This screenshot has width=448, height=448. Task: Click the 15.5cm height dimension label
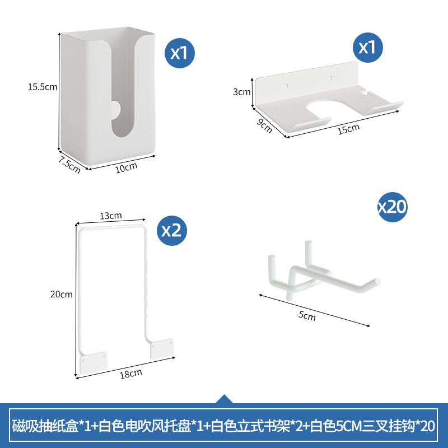[43, 87]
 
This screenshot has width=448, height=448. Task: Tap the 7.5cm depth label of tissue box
[71, 165]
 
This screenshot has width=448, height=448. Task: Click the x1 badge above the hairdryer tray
[367, 47]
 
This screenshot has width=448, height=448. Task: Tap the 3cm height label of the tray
[241, 92]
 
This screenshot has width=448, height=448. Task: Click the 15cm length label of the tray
[348, 128]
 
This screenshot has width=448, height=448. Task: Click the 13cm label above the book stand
[111, 216]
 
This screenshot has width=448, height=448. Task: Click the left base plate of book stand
[94, 362]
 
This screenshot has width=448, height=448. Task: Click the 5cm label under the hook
[307, 317]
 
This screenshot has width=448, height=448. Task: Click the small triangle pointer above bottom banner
[224, 399]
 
